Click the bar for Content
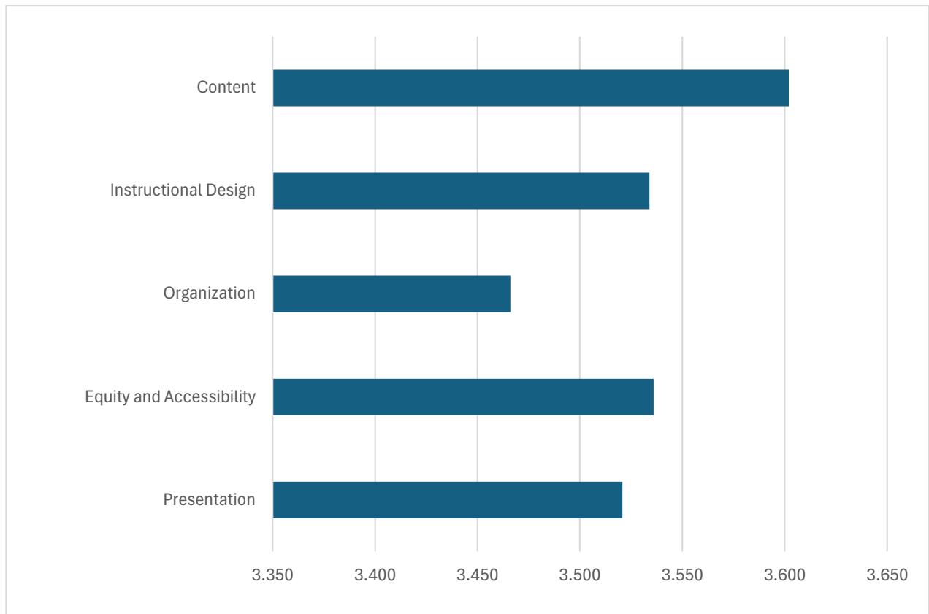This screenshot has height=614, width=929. [530, 88]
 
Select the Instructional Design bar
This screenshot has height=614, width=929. [461, 191]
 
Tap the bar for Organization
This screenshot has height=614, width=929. [391, 293]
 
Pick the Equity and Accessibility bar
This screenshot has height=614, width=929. [463, 396]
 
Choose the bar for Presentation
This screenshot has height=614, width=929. [447, 499]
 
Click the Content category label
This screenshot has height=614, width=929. [226, 88]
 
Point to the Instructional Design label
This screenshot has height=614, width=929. [183, 191]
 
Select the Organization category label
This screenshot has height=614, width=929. [209, 293]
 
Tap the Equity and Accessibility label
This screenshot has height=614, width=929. [170, 396]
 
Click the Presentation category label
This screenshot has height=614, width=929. [209, 499]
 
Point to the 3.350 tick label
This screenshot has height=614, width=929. [272, 574]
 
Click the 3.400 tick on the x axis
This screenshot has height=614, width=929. [375, 574]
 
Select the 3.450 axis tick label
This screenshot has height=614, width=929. [477, 574]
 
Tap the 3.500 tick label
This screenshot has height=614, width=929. [579, 574]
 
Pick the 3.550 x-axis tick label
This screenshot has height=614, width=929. [681, 574]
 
